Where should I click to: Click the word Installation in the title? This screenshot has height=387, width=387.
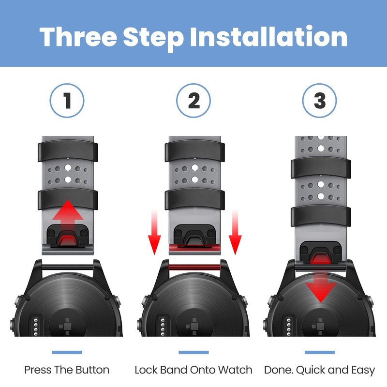click(268, 37)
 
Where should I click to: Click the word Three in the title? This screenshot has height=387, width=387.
click(78, 37)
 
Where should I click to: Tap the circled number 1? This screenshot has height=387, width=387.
click(67, 101)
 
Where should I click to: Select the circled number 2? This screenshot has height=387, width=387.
click(193, 101)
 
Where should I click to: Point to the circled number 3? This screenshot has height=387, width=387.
click(320, 101)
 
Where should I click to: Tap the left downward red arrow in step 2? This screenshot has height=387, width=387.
click(154, 232)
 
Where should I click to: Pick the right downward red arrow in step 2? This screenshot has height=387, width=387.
click(235, 232)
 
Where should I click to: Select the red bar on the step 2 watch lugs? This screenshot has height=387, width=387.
click(194, 268)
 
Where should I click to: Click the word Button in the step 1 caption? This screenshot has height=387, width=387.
click(92, 370)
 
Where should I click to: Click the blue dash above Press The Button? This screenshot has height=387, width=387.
click(67, 352)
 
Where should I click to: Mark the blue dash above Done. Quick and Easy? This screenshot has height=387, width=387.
click(320, 352)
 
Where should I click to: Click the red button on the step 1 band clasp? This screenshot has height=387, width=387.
click(68, 240)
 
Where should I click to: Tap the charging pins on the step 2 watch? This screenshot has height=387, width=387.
click(163, 326)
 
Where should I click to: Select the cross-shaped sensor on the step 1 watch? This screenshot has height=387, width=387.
click(67, 326)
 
